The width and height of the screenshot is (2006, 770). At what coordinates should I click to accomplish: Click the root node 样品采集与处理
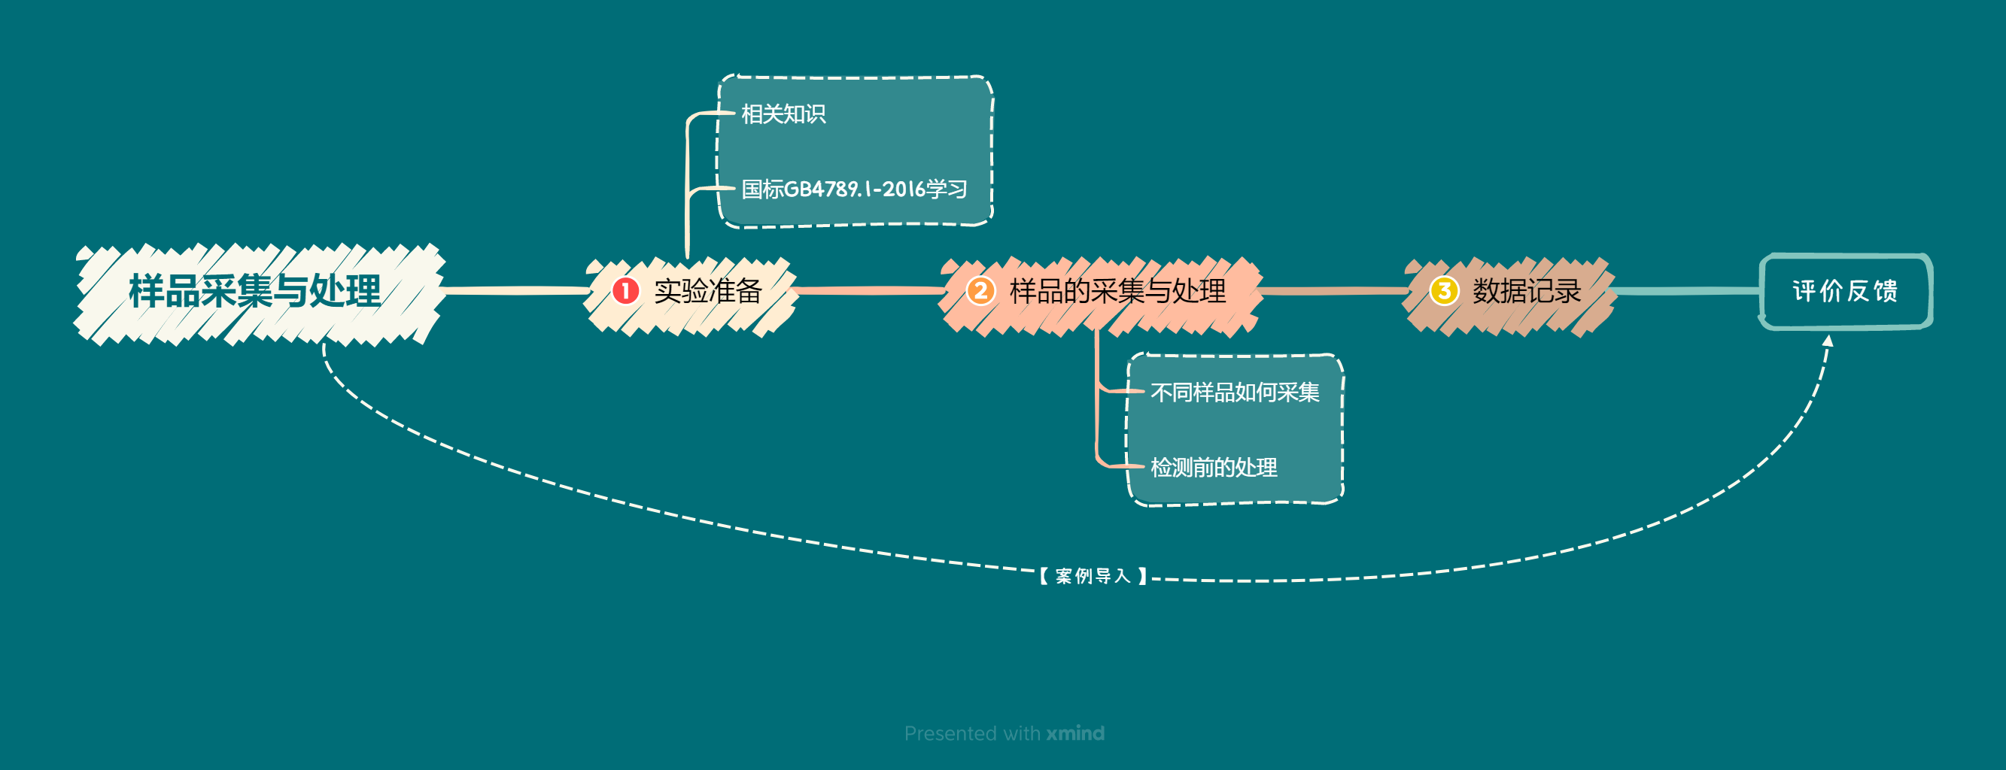coord(254,292)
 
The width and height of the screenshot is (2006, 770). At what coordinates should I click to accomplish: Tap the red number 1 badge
coord(625,291)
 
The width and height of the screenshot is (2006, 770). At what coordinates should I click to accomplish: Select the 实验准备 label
coord(707,291)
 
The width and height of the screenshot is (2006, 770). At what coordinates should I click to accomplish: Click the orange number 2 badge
coord(980,291)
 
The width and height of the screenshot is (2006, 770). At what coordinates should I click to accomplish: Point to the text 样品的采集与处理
coord(1117,291)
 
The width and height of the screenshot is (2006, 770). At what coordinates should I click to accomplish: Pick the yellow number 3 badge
coord(1444,291)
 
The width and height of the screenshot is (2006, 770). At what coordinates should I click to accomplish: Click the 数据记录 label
coord(1526,291)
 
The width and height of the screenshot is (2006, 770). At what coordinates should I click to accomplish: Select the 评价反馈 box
coord(1845,291)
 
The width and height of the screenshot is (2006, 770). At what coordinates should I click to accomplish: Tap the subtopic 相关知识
coord(783,114)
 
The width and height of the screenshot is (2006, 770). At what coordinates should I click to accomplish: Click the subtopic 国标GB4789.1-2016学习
coord(853,189)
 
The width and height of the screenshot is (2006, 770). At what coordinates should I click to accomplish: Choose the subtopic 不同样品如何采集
coord(1234,393)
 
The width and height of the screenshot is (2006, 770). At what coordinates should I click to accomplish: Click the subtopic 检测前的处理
coord(1213,467)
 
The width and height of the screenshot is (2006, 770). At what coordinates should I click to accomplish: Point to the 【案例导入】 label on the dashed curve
coord(1093,576)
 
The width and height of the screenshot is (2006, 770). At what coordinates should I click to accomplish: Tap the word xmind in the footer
coord(1074,733)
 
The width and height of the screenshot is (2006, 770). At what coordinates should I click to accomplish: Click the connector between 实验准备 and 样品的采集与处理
coord(868,291)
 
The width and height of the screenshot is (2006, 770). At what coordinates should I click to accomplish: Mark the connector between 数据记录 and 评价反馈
coord(1686,291)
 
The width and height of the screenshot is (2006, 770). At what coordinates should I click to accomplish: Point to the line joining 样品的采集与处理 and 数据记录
coord(1333,291)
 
